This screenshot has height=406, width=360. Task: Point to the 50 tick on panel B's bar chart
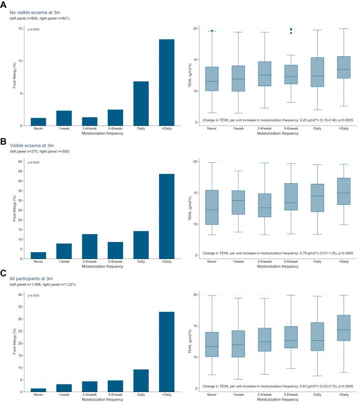click(20, 161)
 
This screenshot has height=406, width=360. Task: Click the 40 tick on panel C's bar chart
click(20, 294)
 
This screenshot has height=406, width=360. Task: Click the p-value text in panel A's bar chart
click(33, 30)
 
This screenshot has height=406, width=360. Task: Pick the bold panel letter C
click(4, 273)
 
